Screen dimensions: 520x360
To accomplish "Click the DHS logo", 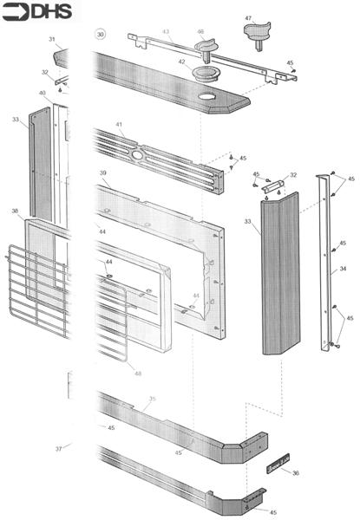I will [37, 12].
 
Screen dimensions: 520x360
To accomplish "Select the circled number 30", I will [101, 34].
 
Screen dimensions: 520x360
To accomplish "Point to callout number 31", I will [51, 40].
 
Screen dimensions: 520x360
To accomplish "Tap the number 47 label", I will [248, 18].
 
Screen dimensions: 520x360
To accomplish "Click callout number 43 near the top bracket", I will [165, 32].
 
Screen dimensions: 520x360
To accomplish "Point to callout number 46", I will [200, 32].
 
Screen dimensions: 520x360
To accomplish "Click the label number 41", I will [120, 125].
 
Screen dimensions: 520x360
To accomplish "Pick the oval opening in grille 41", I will [138, 153].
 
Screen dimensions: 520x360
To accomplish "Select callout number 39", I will [103, 173].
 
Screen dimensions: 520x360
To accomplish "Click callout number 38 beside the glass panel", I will [15, 211].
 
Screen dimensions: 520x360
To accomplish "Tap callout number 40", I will [42, 93].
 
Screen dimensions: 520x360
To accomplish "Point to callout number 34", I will [344, 270].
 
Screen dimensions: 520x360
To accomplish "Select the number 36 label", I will [296, 473].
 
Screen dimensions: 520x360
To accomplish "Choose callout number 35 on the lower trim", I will [152, 400].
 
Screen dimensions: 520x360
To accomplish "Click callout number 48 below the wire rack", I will [136, 373].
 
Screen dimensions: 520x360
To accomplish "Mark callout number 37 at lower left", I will [59, 448].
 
